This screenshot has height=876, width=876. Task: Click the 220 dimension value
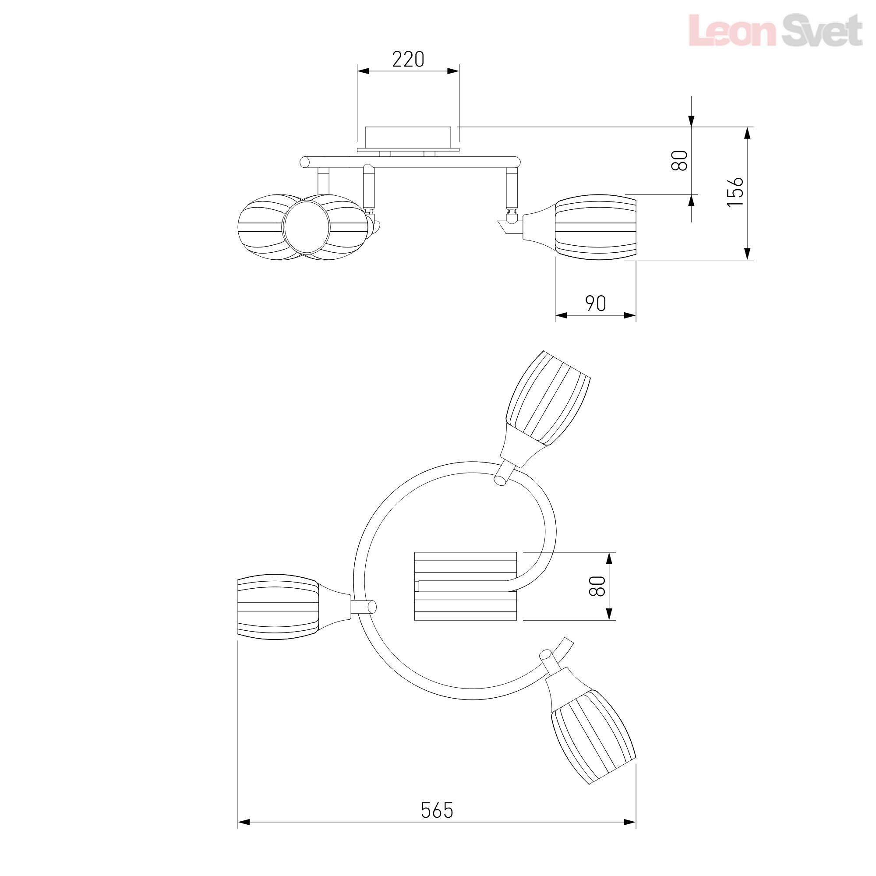[x=408, y=60]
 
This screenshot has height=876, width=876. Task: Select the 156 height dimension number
[x=735, y=192]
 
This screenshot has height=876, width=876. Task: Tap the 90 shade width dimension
[x=595, y=304]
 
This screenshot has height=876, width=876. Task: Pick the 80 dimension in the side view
[x=679, y=160]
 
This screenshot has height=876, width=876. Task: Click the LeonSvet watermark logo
[x=775, y=30]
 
